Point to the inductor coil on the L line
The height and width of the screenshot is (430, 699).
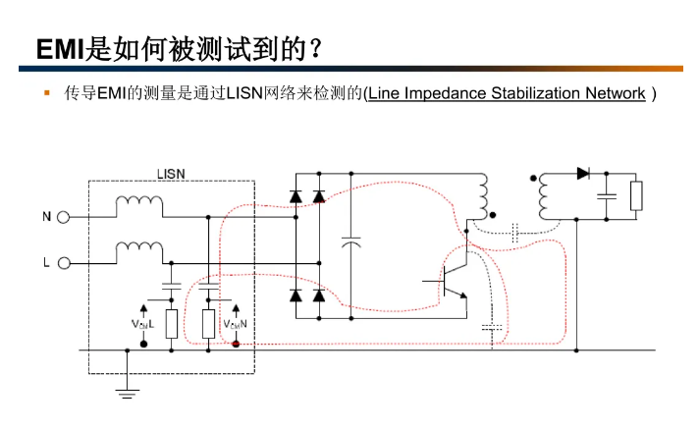pos(139,252)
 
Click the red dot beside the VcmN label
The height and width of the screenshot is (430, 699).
pos(236,345)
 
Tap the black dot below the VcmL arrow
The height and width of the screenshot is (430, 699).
pos(143,345)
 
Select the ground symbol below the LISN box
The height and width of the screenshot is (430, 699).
pos(127,392)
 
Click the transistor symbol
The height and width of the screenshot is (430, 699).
pos(452,282)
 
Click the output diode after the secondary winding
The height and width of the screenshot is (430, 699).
pos(583,174)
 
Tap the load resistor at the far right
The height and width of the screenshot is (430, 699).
pos(636,195)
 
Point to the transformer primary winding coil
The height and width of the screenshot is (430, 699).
pos(482,196)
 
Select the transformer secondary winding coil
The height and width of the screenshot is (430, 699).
pos(543,197)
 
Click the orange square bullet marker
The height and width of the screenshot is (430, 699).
pos(45,93)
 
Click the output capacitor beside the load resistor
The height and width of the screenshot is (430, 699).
pos(608,195)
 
